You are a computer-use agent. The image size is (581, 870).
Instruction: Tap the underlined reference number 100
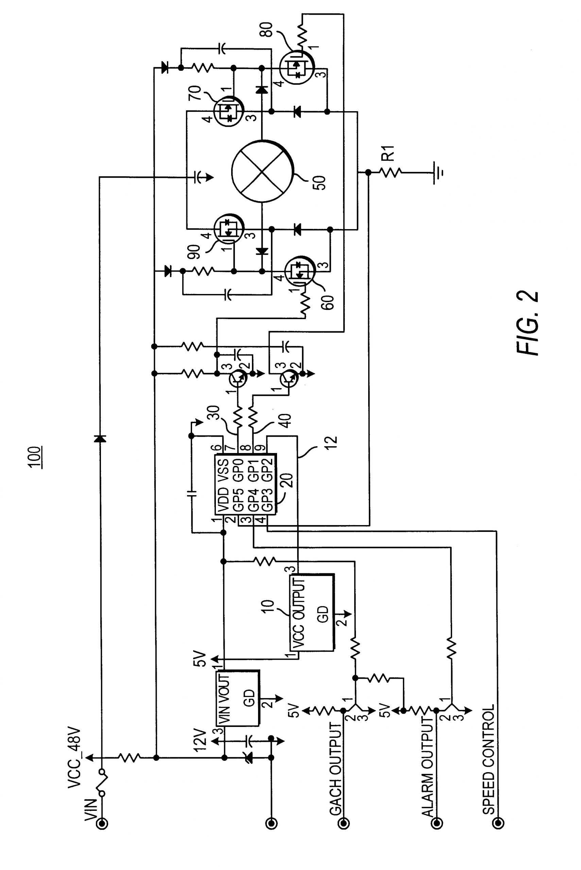point(36,458)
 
